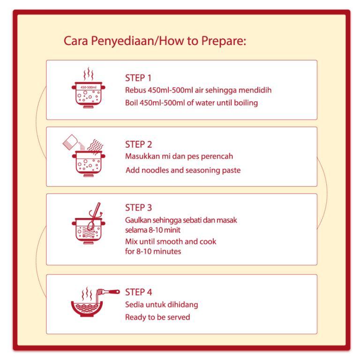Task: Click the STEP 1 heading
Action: click(x=138, y=78)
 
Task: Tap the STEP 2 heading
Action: click(x=138, y=144)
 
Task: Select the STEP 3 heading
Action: click(x=138, y=208)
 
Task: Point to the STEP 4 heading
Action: click(x=138, y=292)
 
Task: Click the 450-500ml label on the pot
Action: click(x=89, y=87)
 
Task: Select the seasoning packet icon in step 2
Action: click(x=70, y=142)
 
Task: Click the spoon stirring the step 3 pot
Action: click(x=94, y=216)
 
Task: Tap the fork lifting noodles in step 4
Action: click(x=108, y=292)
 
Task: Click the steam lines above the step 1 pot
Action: click(x=89, y=74)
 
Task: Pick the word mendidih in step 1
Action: click(x=255, y=90)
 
